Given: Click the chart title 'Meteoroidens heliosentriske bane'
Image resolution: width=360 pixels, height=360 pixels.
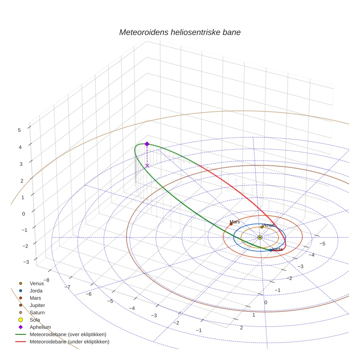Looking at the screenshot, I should [180, 32].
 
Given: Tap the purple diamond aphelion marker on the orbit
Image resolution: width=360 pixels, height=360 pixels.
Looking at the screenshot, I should [147, 144].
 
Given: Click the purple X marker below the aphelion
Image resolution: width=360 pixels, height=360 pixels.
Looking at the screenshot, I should [147, 166].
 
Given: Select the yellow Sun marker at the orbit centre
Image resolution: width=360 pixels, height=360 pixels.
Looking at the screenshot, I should [260, 237].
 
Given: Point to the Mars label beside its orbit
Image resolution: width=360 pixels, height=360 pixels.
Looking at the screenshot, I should [235, 222].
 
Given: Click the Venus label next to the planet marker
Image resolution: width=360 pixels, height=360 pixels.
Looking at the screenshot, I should [268, 225].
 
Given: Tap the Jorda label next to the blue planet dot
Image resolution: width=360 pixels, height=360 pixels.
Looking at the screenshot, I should [277, 249].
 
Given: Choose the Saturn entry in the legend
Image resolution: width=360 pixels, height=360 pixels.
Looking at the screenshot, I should [37, 312].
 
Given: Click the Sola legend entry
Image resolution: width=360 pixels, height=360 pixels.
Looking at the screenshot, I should [35, 320].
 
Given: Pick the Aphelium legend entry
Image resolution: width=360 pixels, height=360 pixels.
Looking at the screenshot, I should [40, 327].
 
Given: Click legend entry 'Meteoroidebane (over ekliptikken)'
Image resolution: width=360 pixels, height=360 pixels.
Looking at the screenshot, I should [68, 334].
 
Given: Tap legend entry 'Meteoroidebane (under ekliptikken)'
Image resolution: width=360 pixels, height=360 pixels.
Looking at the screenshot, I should [69, 342].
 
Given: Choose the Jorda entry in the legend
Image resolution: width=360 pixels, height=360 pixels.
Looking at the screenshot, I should [36, 290].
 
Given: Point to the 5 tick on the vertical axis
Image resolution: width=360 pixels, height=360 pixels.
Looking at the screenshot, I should [19, 130].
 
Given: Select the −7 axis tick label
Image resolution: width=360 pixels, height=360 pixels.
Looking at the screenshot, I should [68, 287].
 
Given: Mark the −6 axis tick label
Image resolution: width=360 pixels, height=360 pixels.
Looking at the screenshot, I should [89, 294].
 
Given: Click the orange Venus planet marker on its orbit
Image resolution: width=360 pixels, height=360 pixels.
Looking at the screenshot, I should [262, 227].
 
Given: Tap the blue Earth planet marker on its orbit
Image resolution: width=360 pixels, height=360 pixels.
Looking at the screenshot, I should [271, 250].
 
